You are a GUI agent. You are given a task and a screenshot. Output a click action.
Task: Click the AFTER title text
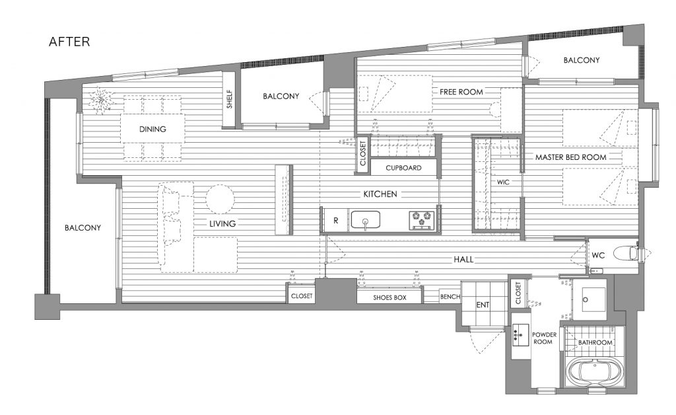tap(69, 42)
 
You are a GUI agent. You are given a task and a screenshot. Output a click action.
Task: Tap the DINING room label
tap(152, 129)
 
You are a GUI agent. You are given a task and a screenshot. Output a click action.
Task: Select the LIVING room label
tap(222, 223)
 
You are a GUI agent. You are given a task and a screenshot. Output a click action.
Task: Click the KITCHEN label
tap(380, 194)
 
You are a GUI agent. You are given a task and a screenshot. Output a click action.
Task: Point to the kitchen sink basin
tap(365, 219)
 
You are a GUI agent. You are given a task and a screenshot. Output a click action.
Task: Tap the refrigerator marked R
tap(336, 221)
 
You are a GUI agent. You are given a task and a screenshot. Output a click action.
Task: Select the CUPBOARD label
tap(403, 168)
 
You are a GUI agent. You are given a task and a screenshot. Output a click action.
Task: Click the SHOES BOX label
tap(389, 297)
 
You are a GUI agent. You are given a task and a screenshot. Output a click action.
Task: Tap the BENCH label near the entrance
tap(450, 297)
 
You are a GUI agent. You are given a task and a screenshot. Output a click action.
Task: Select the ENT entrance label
tap(483, 305)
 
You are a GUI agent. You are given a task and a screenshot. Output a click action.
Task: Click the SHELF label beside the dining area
tap(229, 98)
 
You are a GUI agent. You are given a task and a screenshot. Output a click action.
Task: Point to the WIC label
tap(503, 182)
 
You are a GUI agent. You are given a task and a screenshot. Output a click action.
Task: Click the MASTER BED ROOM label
tap(571, 157)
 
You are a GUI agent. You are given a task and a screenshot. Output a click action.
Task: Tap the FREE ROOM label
tap(461, 92)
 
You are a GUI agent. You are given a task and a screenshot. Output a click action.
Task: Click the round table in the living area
tap(220, 199)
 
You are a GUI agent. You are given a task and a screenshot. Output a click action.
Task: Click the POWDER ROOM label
tap(544, 338)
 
